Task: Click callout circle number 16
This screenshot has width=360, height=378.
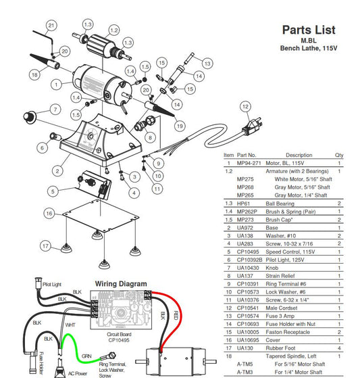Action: tap(49, 212)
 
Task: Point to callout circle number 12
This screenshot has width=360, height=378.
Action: tap(245, 107)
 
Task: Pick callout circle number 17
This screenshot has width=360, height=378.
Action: tap(46, 246)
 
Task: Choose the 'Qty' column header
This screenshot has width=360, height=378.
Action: tap(339, 155)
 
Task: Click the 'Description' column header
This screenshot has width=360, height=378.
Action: tap(299, 155)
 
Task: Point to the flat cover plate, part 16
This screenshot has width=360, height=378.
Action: tap(95, 216)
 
